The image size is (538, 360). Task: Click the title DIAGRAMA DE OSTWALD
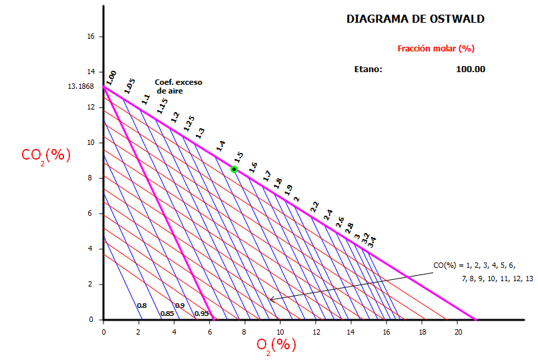click(x=415, y=19)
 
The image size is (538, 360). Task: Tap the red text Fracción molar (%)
click(x=435, y=48)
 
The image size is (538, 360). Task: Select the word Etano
click(x=368, y=69)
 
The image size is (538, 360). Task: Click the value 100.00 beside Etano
click(x=471, y=69)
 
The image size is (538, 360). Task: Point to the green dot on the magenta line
click(x=234, y=170)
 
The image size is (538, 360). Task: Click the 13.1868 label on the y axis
click(x=81, y=87)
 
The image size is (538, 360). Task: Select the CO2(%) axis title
click(x=45, y=155)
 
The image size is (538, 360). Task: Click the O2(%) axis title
click(x=276, y=345)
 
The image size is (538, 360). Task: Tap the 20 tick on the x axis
click(x=458, y=331)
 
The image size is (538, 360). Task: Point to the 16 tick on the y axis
click(x=91, y=37)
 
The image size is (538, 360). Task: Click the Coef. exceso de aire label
click(x=178, y=86)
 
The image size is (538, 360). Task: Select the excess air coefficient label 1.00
click(x=111, y=77)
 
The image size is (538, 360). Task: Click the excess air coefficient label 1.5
click(x=238, y=157)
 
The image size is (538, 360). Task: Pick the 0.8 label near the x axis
click(x=142, y=306)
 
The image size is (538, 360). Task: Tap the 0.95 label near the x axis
click(x=201, y=313)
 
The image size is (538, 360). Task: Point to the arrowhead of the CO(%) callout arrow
click(x=271, y=301)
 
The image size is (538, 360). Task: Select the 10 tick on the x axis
click(x=280, y=331)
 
